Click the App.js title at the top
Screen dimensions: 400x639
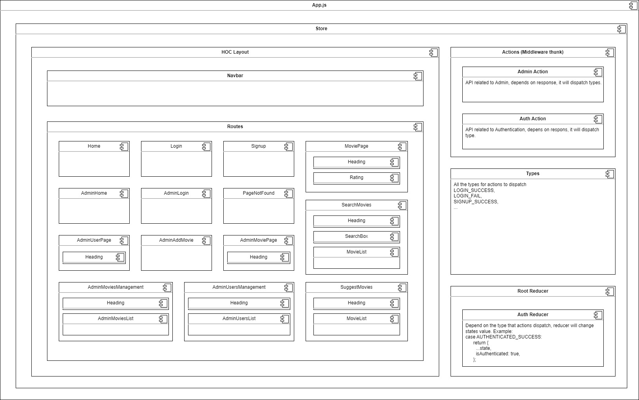pyautogui.click(x=319, y=5)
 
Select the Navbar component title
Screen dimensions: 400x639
pyautogui.click(x=235, y=76)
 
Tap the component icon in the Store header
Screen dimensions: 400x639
pyautogui.click(x=621, y=29)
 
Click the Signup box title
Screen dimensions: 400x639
pyautogui.click(x=259, y=146)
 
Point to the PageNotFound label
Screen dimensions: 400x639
pyautogui.click(x=259, y=193)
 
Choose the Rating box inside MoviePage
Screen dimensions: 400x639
pyautogui.click(x=356, y=177)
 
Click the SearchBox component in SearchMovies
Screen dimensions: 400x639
pyautogui.click(x=356, y=236)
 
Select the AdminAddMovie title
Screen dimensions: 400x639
pyautogui.click(x=176, y=240)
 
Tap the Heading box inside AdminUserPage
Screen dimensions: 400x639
pyautogui.click(x=94, y=257)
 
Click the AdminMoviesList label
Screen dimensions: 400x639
pyautogui.click(x=116, y=319)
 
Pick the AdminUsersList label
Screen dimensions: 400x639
pyautogui.click(x=239, y=319)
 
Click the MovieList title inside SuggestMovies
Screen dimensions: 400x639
pyautogui.click(x=356, y=319)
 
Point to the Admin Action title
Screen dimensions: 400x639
pyautogui.click(x=532, y=72)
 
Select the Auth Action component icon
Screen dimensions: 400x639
pyautogui.click(x=598, y=119)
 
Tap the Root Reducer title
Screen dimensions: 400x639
pyautogui.click(x=532, y=291)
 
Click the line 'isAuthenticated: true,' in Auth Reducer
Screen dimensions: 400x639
pyautogui.click(x=498, y=354)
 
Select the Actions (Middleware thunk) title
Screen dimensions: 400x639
pyautogui.click(x=532, y=52)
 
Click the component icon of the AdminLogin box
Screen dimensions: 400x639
pyautogui.click(x=206, y=194)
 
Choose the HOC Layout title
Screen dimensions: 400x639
pyautogui.click(x=235, y=52)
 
